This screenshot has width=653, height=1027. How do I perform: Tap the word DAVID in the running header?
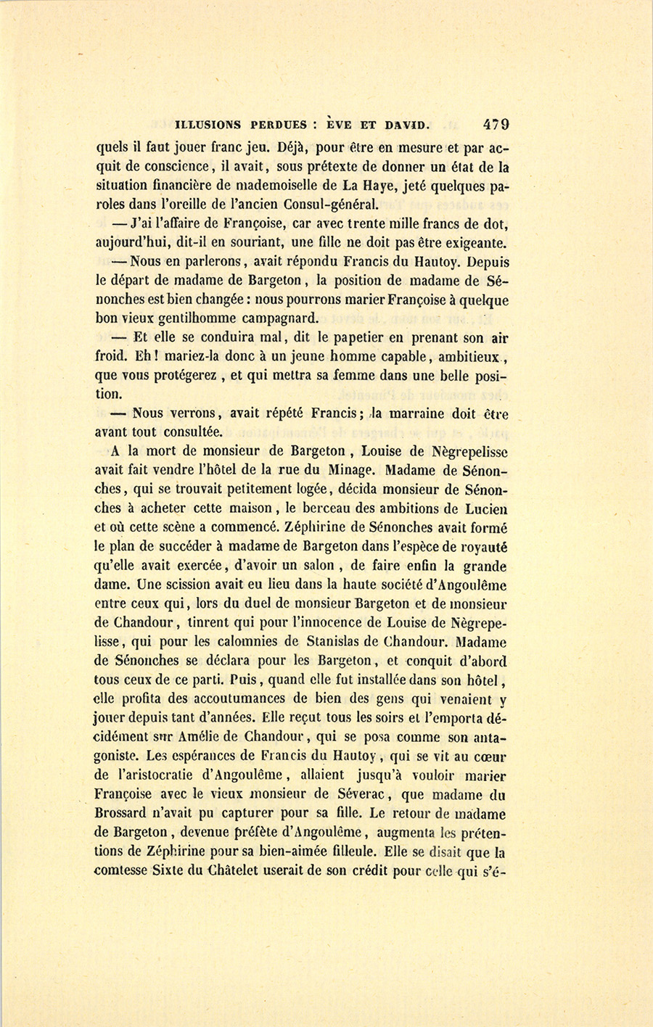(407, 125)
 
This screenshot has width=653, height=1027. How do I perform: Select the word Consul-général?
(330, 205)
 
